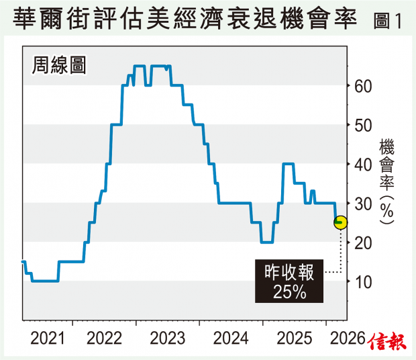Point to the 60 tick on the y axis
tap(363, 86)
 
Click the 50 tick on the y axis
tap(363, 125)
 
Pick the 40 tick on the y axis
tap(363, 164)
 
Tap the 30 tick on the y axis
tap(363, 203)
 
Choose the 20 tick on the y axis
tap(363, 242)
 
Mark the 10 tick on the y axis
tap(363, 281)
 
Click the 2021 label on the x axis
tap(49, 338)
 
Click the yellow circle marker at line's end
tap(340, 222)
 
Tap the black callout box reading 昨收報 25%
tap(291, 281)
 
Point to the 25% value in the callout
tap(291, 291)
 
